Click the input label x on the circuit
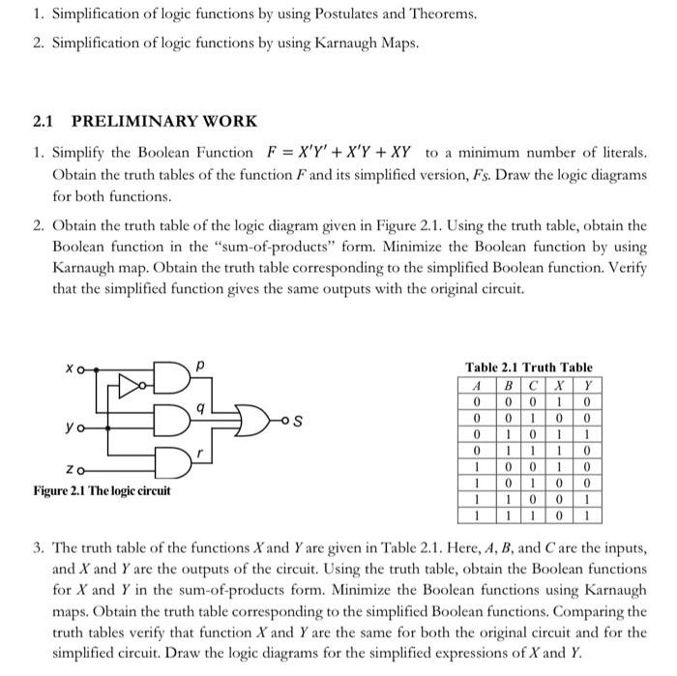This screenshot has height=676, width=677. click(x=70, y=368)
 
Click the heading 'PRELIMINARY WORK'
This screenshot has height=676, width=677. click(x=163, y=122)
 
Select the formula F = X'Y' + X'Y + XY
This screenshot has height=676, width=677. click(x=339, y=153)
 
